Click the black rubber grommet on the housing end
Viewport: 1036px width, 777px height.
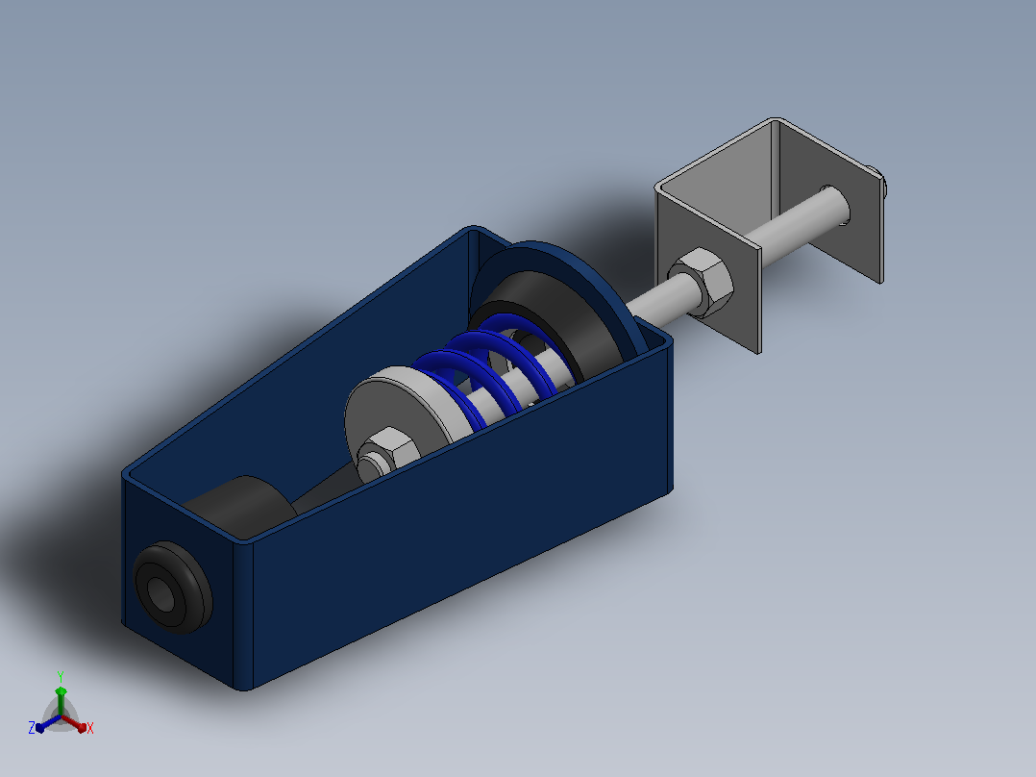point(173,588)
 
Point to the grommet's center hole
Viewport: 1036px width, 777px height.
point(160,594)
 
